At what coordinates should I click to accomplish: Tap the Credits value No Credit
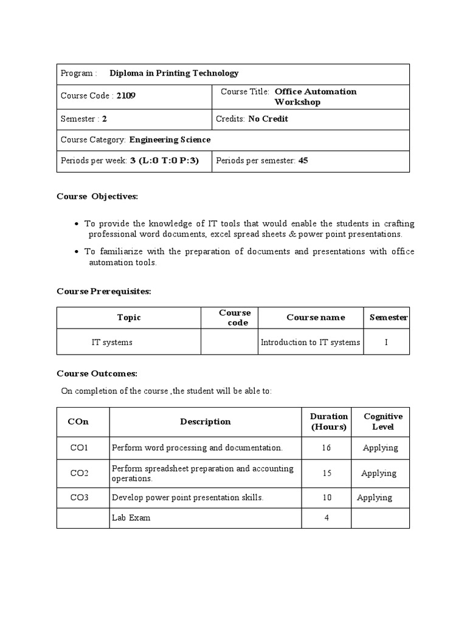click(268, 119)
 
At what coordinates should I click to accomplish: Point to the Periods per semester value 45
click(304, 161)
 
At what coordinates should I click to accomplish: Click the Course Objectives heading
click(97, 197)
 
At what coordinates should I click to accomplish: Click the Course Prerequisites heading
click(103, 291)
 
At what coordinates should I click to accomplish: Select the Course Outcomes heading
click(97, 374)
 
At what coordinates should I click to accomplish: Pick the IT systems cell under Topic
click(112, 343)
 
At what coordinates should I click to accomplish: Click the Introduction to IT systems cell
click(310, 343)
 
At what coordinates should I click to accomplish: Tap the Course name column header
click(316, 318)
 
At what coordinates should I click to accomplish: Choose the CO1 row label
click(79, 448)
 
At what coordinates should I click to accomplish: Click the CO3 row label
click(79, 498)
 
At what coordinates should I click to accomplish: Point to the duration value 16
click(327, 448)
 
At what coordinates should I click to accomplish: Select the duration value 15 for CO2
click(327, 473)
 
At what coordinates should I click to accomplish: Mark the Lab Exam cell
click(131, 518)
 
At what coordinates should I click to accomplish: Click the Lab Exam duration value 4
click(327, 518)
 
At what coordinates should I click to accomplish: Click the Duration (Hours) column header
click(329, 422)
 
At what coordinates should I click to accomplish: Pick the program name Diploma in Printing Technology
click(174, 74)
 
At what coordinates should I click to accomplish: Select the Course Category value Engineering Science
click(170, 140)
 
